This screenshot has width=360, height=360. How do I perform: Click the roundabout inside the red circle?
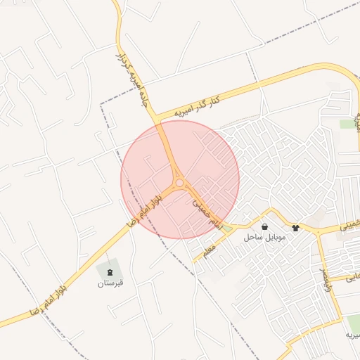tap(180, 183)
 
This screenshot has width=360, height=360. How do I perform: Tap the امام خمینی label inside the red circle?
tap(208, 213)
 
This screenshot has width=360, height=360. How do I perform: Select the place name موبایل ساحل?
tap(265, 238)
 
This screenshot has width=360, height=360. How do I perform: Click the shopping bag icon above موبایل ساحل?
tap(264, 227)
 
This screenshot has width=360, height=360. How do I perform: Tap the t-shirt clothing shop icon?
tap(295, 228)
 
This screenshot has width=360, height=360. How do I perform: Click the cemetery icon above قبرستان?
tap(109, 271)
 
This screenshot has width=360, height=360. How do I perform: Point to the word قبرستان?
tap(110, 283)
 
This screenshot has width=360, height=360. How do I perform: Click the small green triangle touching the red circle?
tap(227, 229)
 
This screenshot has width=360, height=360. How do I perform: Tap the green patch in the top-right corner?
tap(347, 124)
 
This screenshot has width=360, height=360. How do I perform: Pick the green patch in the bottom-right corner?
tap(353, 323)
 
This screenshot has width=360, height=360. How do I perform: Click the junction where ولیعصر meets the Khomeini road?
tap(319, 232)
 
